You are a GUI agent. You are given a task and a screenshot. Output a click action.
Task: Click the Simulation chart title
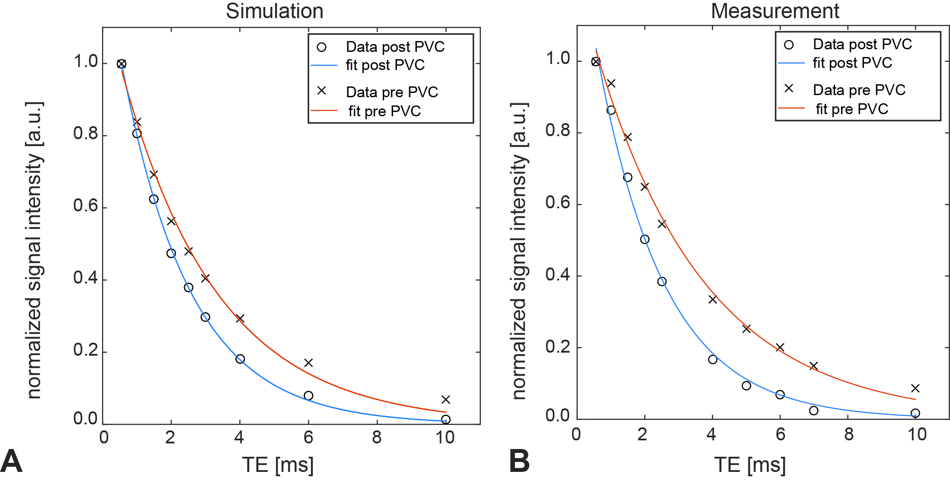click(275, 11)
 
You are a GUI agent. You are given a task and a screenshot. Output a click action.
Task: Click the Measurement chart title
click(775, 11)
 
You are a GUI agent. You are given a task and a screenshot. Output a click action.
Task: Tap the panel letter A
click(11, 462)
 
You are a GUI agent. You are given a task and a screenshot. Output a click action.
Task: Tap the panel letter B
click(519, 462)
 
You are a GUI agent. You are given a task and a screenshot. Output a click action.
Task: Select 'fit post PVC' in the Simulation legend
click(385, 65)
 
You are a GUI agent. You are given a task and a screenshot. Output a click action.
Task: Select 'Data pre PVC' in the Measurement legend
click(859, 90)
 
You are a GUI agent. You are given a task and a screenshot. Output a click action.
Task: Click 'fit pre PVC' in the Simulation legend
click(384, 111)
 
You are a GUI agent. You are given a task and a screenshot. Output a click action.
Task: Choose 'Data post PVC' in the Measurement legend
click(862, 44)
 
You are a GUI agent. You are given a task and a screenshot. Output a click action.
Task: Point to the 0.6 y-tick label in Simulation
click(86, 206)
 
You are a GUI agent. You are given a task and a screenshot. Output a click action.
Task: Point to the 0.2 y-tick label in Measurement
click(558, 347)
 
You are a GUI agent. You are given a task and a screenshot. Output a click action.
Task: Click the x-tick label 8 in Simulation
click(377, 438)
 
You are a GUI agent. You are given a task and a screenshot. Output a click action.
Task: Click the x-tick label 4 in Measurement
click(711, 435)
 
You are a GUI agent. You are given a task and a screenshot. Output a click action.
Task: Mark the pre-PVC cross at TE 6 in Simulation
click(308, 363)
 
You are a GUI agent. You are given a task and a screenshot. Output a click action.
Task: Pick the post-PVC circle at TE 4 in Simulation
click(240, 359)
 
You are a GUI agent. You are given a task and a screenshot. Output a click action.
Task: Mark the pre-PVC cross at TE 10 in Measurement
click(915, 388)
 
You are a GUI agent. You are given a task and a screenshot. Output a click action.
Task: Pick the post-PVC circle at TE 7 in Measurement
click(814, 411)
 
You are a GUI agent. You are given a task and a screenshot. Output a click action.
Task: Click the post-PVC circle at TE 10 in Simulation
click(446, 419)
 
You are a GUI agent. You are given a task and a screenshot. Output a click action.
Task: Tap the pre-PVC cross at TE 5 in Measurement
click(746, 329)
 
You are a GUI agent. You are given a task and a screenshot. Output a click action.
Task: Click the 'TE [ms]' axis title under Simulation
click(278, 465)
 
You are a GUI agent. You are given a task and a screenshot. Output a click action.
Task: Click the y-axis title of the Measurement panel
click(519, 251)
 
